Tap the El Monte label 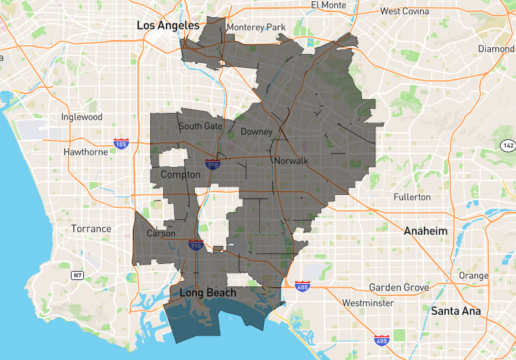tap(329, 5)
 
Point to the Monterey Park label tap(255, 27)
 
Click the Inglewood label tap(82, 117)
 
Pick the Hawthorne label tap(86, 152)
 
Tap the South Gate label tap(200, 126)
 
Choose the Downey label tap(256, 132)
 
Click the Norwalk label tap(292, 161)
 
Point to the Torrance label tap(91, 228)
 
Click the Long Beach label tap(208, 293)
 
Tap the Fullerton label tap(412, 196)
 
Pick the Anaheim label tap(425, 230)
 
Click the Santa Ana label tap(456, 310)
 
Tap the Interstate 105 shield tap(121, 143)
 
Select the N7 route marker tap(77, 275)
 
